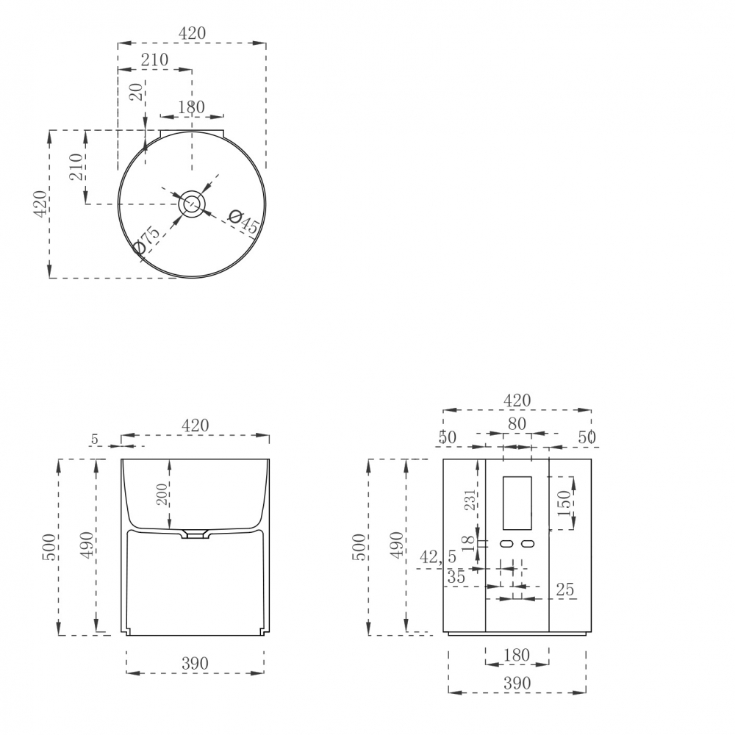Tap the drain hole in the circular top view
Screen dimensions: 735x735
[x=191, y=204]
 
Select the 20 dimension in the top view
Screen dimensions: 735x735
[x=137, y=93]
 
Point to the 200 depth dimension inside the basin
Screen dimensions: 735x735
[x=161, y=494]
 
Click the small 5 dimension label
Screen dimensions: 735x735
[x=95, y=440]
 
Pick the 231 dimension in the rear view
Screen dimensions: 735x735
[x=470, y=500]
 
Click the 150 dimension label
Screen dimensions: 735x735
[x=564, y=503]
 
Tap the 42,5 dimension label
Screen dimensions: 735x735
[x=438, y=557]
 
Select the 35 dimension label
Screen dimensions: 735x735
[x=456, y=577]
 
